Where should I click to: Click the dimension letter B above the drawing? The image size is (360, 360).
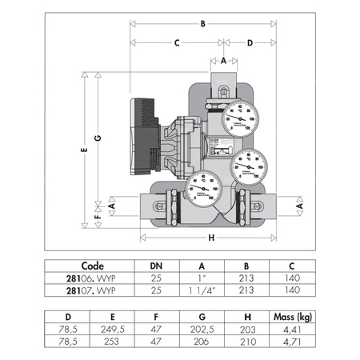[203, 25]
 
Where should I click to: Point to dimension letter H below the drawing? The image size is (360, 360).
[210, 238]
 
